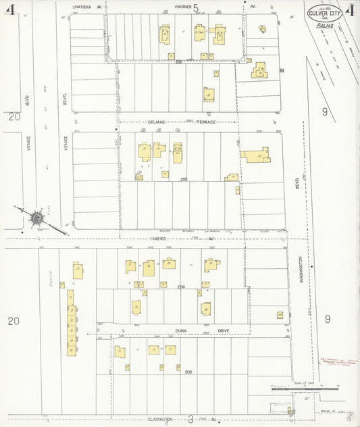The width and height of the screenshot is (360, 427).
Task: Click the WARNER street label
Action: (x=182, y=6)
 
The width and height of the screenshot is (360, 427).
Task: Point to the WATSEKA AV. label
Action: (x=87, y=6)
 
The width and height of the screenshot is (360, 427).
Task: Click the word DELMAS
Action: (x=157, y=122)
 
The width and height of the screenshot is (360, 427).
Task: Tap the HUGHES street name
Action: (x=159, y=238)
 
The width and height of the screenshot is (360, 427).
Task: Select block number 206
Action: (x=179, y=61)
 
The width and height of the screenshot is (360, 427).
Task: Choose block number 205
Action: (x=184, y=179)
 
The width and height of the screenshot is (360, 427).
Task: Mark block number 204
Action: (x=181, y=287)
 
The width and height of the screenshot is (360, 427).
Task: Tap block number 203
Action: (x=188, y=372)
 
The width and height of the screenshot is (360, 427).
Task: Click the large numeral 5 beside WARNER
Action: (x=196, y=8)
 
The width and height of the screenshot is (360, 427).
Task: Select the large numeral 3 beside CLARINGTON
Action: (x=191, y=419)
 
